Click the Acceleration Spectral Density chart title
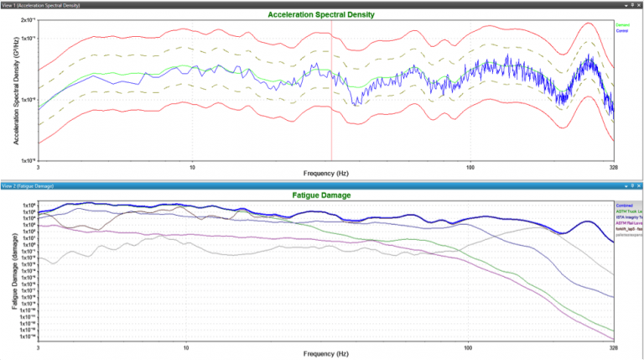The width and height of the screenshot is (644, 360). pos(321,15)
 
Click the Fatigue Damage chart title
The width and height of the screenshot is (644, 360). pos(321,196)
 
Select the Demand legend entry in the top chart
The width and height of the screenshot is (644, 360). pos(622,25)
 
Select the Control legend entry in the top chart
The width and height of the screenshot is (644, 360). pos(622,30)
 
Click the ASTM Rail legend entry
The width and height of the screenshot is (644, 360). pos(628,223)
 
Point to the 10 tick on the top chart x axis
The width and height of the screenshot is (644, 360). pos(193,165)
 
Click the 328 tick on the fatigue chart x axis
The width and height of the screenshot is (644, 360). pos(610,346)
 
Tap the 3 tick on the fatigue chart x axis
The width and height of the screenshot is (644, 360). pos(39,346)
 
